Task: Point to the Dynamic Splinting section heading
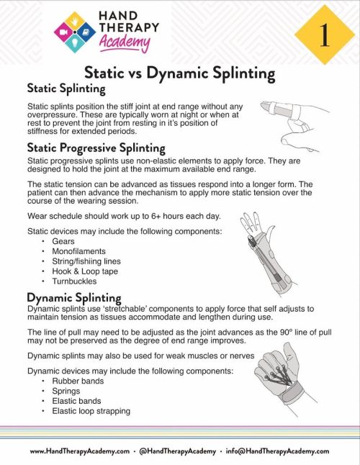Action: pyautogui.click(x=73, y=297)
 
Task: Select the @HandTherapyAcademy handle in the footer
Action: pyautogui.click(x=180, y=451)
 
